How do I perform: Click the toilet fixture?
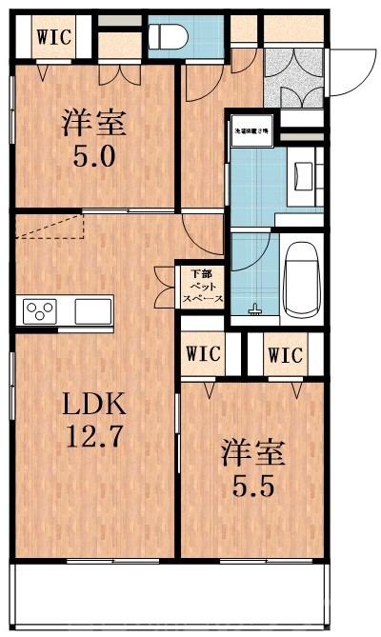(x=169, y=37)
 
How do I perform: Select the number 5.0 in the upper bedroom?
(x=95, y=154)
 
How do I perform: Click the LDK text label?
(x=94, y=405)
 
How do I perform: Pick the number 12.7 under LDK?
(x=94, y=439)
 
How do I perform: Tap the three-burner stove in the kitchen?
(x=41, y=310)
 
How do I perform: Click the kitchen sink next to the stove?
(x=93, y=310)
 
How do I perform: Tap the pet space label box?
(x=202, y=286)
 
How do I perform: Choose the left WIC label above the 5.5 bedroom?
(x=204, y=354)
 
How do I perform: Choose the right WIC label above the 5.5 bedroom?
(x=285, y=355)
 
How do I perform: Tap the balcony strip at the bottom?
(x=171, y=594)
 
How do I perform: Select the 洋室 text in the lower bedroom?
(x=254, y=450)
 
